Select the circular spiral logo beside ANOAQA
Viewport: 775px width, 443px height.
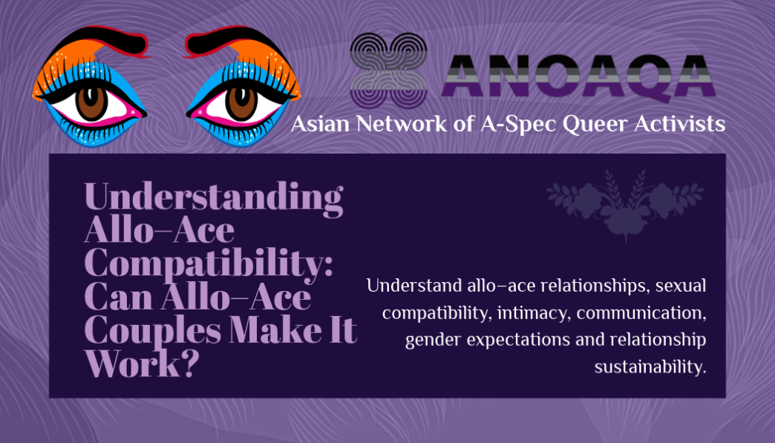[x=388, y=70]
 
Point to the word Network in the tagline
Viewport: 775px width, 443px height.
[x=402, y=123]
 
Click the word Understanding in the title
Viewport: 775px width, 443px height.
[x=214, y=197]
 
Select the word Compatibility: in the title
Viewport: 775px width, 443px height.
[x=209, y=263]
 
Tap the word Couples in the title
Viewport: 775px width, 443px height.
[x=152, y=329]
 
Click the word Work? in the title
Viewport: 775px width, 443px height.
[x=142, y=364]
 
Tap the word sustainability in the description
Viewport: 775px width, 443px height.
[x=650, y=367]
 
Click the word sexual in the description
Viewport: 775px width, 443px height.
[x=681, y=286]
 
